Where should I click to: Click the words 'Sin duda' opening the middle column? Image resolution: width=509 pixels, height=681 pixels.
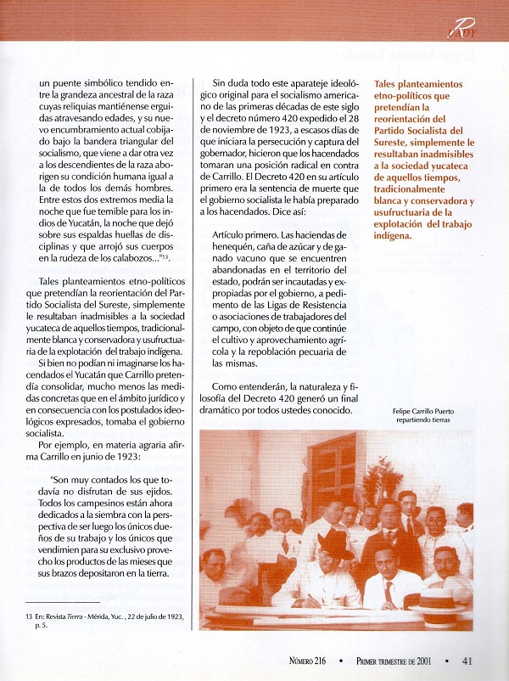tap(232, 83)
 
